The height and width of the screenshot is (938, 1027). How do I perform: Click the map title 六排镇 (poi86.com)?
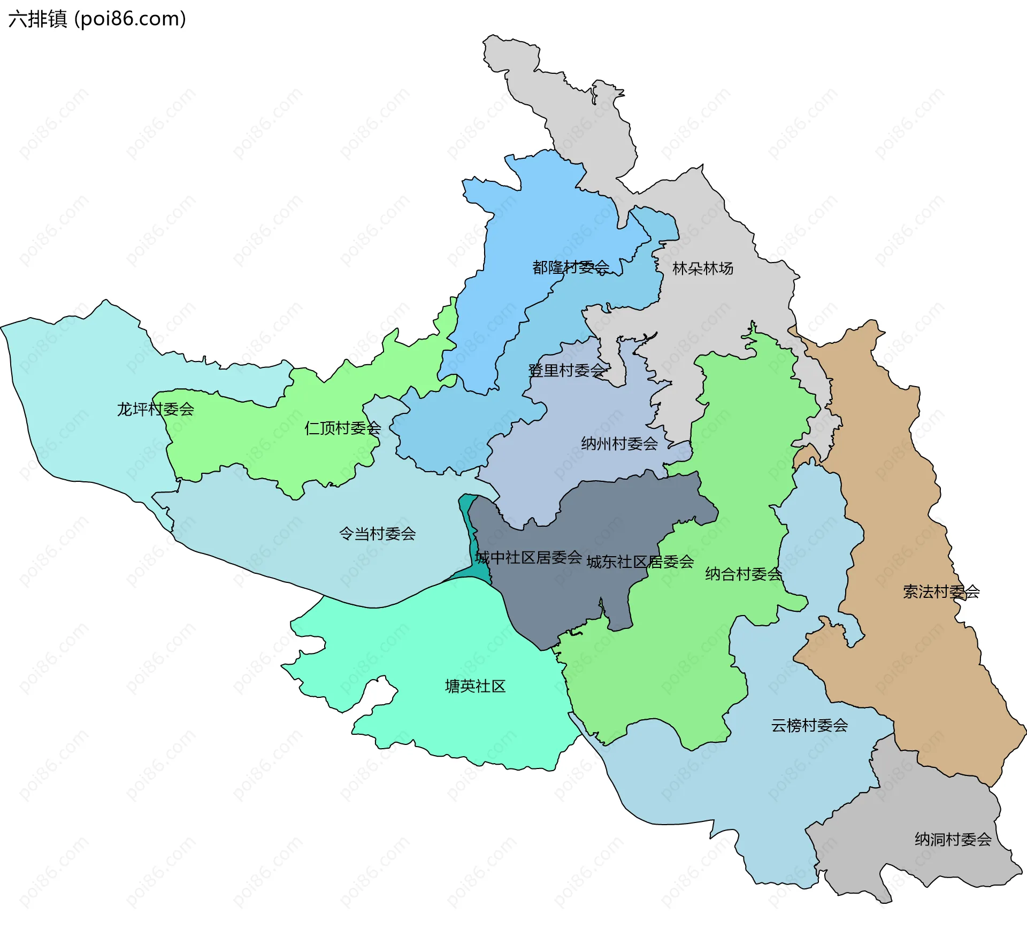97,19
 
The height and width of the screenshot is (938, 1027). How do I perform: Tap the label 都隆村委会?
570,267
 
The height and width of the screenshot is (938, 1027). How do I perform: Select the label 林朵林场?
702,268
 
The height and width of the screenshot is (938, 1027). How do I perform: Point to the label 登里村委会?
566,370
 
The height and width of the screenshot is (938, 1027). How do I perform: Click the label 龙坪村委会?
155,409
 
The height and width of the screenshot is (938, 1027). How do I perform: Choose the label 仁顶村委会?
342,428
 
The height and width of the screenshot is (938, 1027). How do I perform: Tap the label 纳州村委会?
619,443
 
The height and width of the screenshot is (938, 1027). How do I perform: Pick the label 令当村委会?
377,533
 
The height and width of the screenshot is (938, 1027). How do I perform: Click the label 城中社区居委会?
528,557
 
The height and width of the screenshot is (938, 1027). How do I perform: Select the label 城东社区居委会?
640,562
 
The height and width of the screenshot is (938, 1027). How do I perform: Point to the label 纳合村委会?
743,574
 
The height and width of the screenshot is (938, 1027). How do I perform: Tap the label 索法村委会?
941,591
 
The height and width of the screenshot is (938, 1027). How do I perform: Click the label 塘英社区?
475,686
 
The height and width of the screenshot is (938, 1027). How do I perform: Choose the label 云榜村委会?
809,725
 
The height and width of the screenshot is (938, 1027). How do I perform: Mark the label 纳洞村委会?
953,839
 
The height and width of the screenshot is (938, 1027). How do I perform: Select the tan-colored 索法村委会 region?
899,481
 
